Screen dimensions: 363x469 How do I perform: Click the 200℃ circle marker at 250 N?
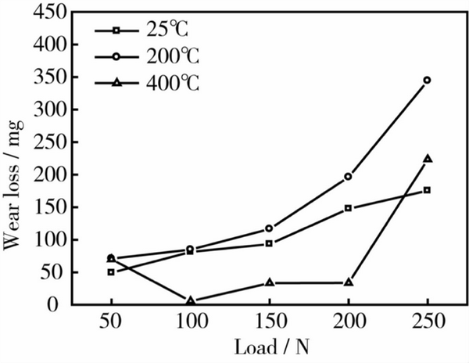[x=427, y=80]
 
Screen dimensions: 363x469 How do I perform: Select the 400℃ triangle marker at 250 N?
[x=427, y=159]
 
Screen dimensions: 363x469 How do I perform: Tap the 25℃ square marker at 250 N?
[x=427, y=190]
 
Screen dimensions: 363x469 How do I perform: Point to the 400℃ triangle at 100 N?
[x=191, y=300]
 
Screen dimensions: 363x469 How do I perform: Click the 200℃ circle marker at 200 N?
[x=348, y=177]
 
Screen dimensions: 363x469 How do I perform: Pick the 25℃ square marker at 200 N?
[x=348, y=208]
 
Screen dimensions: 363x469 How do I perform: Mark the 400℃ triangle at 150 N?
[x=270, y=282]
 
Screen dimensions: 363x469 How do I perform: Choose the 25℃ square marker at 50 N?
[x=111, y=272]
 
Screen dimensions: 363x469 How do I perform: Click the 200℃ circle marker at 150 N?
[x=270, y=228]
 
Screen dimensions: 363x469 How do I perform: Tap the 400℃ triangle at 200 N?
[x=348, y=282]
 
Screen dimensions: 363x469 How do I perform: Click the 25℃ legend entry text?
[x=166, y=31]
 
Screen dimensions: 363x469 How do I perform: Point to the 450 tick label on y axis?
[x=45, y=13]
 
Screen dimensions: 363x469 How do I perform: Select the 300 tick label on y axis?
[x=45, y=110]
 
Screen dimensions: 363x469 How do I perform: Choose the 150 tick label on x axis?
[x=270, y=322]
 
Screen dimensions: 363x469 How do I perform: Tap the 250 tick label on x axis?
[x=427, y=322]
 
